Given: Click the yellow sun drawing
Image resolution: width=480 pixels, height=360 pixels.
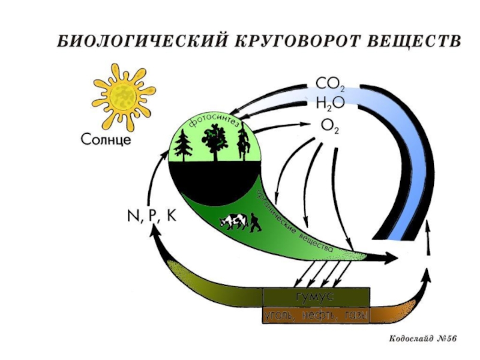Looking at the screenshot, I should pyautogui.click(x=124, y=97).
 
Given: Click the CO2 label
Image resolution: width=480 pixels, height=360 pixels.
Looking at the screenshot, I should pyautogui.click(x=329, y=83).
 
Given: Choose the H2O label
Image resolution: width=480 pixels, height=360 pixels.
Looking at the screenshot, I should pyautogui.click(x=329, y=104).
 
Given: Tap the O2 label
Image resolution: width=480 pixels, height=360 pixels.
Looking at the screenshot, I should pyautogui.click(x=329, y=125).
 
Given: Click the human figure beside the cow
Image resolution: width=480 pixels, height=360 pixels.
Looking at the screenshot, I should pyautogui.click(x=256, y=223).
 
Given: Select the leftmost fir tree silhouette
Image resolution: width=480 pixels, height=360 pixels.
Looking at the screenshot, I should pyautogui.click(x=182, y=146).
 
